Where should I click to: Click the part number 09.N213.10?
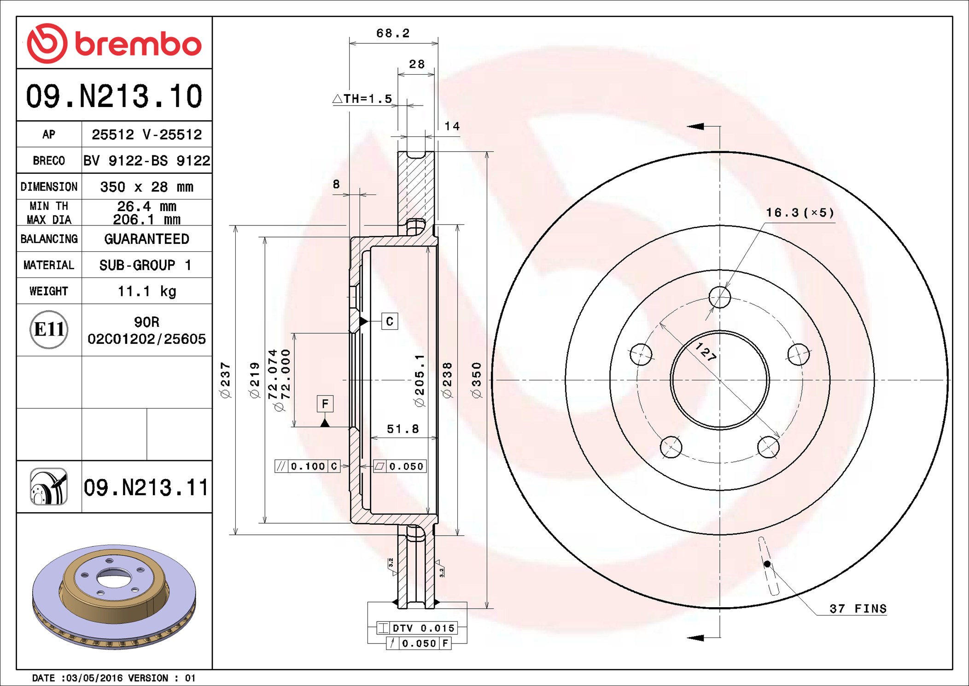click(x=114, y=96)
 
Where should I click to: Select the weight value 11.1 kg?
click(x=147, y=291)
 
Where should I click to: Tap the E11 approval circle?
click(x=49, y=329)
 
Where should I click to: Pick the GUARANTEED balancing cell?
click(x=146, y=239)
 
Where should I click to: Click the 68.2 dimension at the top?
click(x=393, y=33)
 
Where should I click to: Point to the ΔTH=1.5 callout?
click(x=362, y=99)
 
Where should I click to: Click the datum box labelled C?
click(x=390, y=321)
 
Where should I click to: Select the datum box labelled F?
click(x=325, y=404)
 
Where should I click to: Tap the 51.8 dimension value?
click(x=403, y=429)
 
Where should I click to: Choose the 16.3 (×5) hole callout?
click(x=800, y=213)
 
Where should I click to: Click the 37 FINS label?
click(x=858, y=609)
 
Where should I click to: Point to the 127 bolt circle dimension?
click(x=706, y=352)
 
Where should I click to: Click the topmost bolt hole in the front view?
click(x=720, y=297)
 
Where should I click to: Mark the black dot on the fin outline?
click(x=767, y=564)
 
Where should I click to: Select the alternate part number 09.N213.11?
click(x=146, y=488)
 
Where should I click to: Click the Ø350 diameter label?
click(x=477, y=380)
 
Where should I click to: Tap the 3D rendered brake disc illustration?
click(x=114, y=597)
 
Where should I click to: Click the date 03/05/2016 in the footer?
click(x=95, y=678)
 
